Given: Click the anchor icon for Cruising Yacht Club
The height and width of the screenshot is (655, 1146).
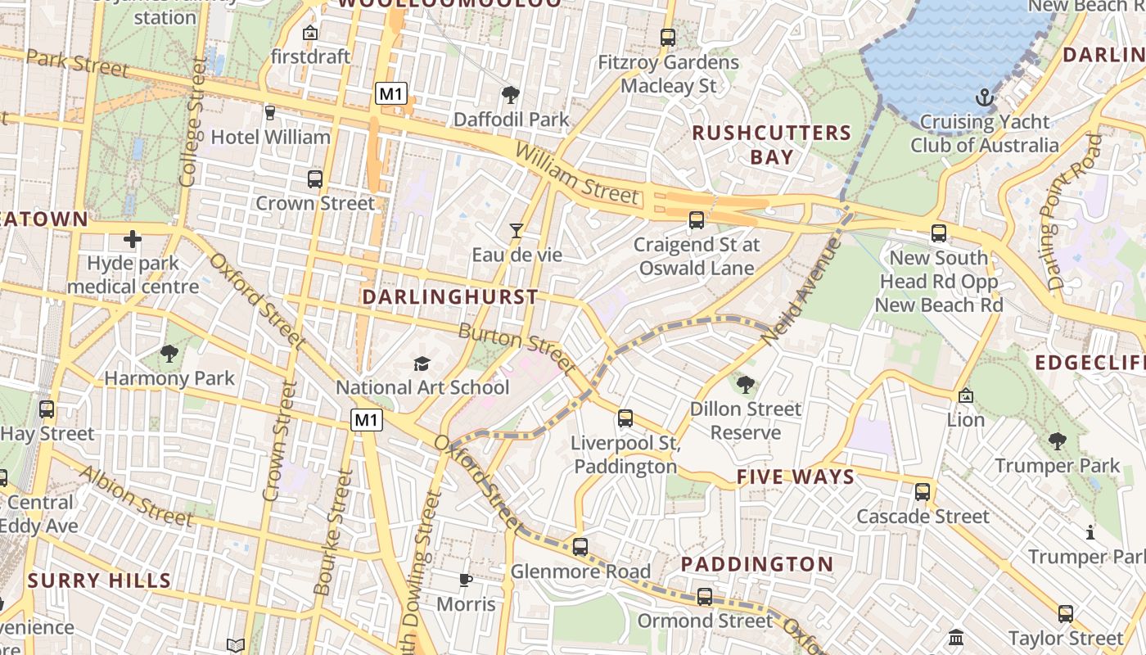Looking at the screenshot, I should (x=985, y=98).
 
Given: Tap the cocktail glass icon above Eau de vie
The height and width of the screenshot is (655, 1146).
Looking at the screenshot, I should (x=517, y=231).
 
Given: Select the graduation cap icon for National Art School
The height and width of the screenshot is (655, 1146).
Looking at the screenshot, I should (x=422, y=364).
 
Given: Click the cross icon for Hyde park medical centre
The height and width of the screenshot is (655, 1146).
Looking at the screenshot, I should (x=133, y=239).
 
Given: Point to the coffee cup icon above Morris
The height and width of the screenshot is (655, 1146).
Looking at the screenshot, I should (x=465, y=580).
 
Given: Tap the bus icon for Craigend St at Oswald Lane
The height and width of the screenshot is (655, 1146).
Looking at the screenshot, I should (x=697, y=220).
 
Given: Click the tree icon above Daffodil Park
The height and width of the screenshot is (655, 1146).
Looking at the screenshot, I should (x=511, y=95).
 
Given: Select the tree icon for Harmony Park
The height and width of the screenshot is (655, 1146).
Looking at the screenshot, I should (x=169, y=354).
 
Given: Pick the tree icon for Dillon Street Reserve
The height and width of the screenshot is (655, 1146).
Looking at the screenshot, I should (x=745, y=384).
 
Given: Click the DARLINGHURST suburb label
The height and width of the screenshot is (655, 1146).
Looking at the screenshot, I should (x=450, y=297).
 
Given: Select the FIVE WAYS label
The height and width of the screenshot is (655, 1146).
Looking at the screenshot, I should (x=795, y=477).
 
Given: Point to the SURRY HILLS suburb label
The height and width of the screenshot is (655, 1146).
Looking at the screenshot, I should (x=99, y=581).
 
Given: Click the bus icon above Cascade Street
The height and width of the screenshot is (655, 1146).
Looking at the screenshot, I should (x=923, y=492).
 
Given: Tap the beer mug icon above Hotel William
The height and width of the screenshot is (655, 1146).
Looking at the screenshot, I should (x=270, y=112).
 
